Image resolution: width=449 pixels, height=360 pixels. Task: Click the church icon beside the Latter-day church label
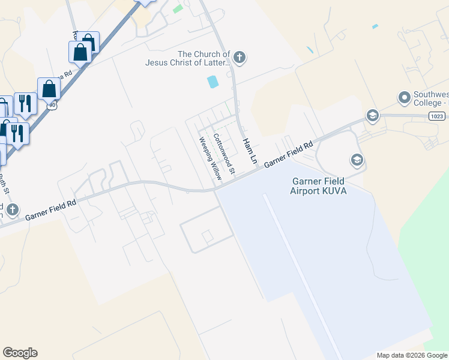click(x=239, y=58)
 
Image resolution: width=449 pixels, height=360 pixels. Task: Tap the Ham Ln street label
click(x=249, y=152)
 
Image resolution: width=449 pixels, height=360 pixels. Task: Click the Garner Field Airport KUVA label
click(x=318, y=186)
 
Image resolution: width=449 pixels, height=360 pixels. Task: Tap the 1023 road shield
click(x=437, y=116)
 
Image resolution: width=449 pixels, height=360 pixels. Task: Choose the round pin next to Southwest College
click(x=404, y=97)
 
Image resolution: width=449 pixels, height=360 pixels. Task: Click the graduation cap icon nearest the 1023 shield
click(x=372, y=116)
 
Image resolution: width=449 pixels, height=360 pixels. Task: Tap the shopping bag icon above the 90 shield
click(x=49, y=90)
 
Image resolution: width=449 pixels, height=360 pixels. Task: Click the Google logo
click(x=20, y=353)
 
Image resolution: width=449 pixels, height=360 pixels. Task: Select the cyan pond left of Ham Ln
click(x=212, y=82)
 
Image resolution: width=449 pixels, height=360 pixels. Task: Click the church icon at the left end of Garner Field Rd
click(x=13, y=210)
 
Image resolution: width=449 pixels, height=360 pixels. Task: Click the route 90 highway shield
click(x=53, y=104)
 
